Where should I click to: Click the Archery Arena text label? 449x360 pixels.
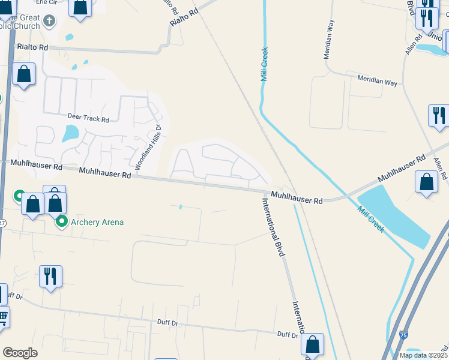(97, 223)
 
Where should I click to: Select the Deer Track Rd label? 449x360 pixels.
(88, 119)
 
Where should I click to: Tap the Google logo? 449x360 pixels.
(20, 353)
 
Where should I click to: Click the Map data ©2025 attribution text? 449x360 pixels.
(423, 355)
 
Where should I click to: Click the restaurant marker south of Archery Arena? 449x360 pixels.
(50, 277)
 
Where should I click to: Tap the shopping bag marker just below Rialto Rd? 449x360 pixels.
(24, 74)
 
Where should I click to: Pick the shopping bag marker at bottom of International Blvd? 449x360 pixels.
(312, 344)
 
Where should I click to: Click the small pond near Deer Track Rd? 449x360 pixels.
(71, 133)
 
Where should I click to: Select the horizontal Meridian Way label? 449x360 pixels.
(377, 81)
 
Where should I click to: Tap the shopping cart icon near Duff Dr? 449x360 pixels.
(3, 316)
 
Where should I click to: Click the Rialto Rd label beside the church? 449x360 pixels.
(32, 47)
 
